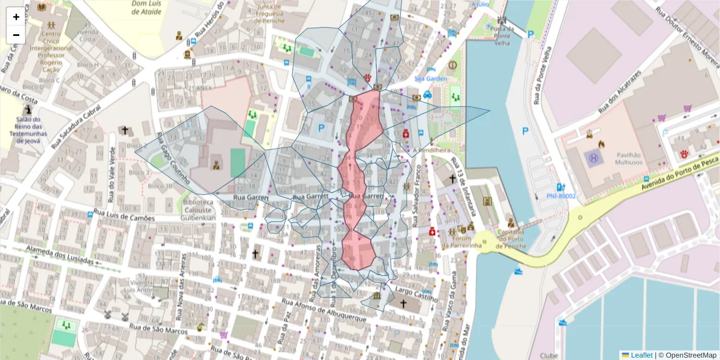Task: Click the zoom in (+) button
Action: point(16,17)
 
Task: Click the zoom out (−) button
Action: point(16,35)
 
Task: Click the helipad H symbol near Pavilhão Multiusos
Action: point(594,158)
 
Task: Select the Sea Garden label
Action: point(431,79)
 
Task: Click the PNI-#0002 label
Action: point(560,196)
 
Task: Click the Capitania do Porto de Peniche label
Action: point(508,239)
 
